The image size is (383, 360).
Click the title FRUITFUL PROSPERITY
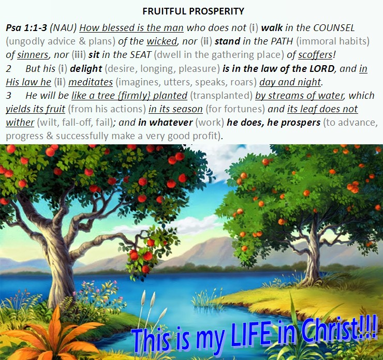(x=193, y=11)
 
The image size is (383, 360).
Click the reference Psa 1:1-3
(x=26, y=28)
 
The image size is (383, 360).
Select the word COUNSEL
(x=334, y=28)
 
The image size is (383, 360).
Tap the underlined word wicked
(x=161, y=41)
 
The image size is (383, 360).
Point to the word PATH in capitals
(x=282, y=41)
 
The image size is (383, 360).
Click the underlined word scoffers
(x=315, y=55)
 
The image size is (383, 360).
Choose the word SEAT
(x=140, y=55)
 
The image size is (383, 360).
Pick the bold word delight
(x=86, y=69)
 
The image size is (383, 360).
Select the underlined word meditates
(x=91, y=82)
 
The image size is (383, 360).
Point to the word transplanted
(x=221, y=96)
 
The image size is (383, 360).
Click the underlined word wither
(x=20, y=122)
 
